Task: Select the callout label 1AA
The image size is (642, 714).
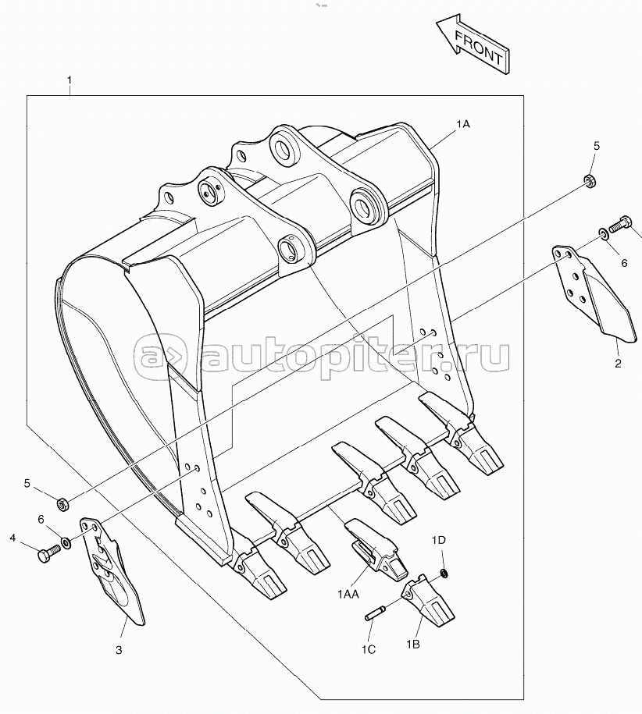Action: coord(348,595)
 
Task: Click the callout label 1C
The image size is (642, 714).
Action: coord(368,649)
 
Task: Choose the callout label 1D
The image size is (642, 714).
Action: coord(439,540)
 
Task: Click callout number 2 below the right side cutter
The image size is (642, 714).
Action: coord(617,363)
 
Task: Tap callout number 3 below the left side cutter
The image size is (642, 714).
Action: coord(119,649)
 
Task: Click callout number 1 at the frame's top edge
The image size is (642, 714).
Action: coord(70,80)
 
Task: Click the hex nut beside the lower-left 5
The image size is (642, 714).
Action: coord(62,503)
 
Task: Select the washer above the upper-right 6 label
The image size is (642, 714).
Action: coord(604,233)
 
